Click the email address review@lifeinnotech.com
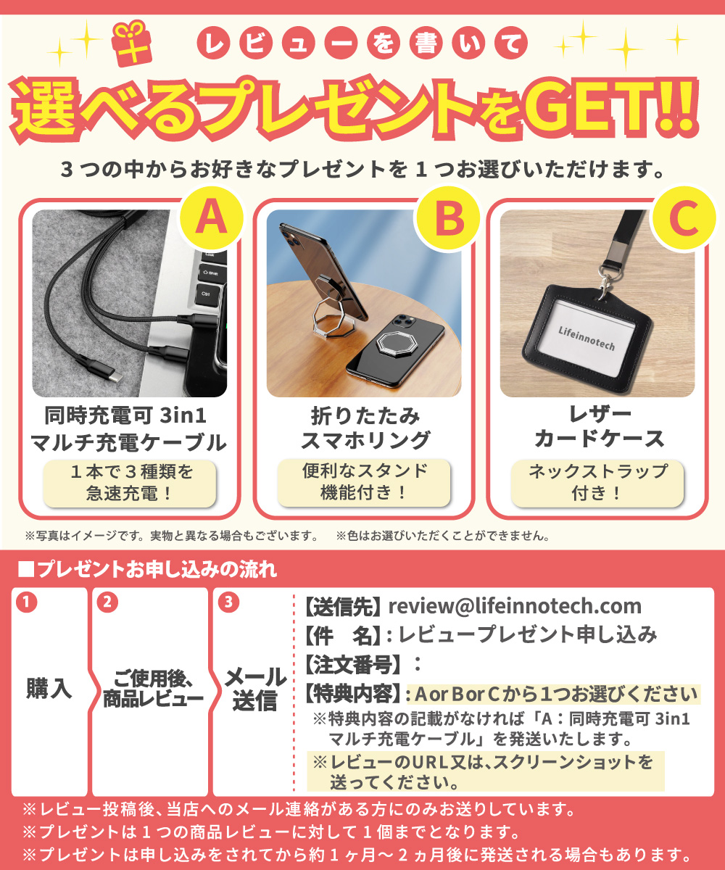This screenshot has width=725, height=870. coord(515,606)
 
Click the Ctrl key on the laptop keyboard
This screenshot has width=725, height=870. coord(207,295)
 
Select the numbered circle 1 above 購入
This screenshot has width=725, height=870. coord(26,602)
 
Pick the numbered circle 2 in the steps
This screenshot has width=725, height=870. coord(107,602)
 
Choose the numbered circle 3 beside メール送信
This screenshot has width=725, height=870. coord(228,602)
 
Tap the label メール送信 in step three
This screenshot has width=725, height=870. coord(254,689)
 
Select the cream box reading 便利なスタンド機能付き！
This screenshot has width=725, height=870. coord(364,482)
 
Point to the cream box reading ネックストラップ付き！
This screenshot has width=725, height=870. coord(597,482)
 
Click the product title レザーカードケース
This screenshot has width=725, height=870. coord(598,427)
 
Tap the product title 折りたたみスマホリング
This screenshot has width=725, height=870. coord(365,428)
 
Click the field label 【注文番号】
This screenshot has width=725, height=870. coord(353,663)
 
